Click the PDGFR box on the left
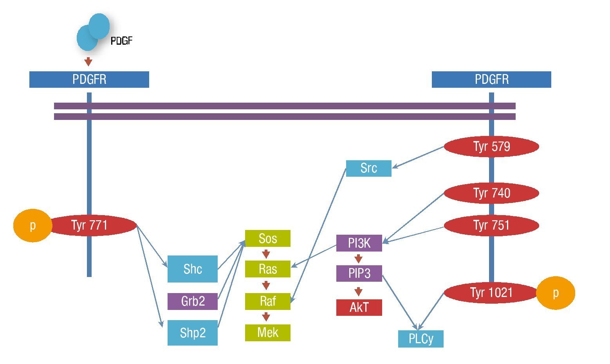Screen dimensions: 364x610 (89, 80)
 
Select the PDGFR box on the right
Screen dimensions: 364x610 (491, 80)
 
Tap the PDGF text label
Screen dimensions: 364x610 (121, 41)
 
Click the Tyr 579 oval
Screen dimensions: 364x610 (491, 147)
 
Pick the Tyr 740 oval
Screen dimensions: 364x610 (491, 193)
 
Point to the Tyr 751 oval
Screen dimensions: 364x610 (491, 225)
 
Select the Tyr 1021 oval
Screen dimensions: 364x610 (491, 293)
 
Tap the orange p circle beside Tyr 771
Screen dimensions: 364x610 (32, 225)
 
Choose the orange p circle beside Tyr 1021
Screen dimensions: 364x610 (555, 293)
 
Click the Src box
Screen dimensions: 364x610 (368, 168)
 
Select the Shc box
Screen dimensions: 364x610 (193, 269)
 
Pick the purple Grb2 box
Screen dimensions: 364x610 (193, 301)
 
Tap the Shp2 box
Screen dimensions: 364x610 (193, 333)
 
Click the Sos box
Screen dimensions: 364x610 (268, 238)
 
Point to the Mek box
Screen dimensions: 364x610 (268, 333)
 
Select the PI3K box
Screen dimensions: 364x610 (359, 243)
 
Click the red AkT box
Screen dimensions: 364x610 (359, 308)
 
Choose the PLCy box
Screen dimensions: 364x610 (421, 339)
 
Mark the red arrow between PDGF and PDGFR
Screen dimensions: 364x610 (88, 62)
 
